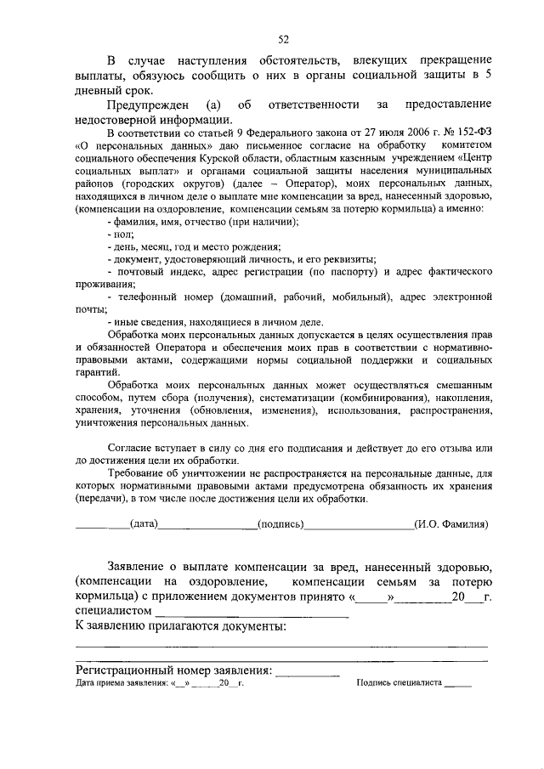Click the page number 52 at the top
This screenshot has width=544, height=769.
[284, 37]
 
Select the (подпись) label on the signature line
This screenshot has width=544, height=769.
[280, 524]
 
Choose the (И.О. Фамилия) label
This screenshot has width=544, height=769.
[450, 524]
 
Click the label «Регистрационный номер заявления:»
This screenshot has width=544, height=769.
[173, 670]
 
